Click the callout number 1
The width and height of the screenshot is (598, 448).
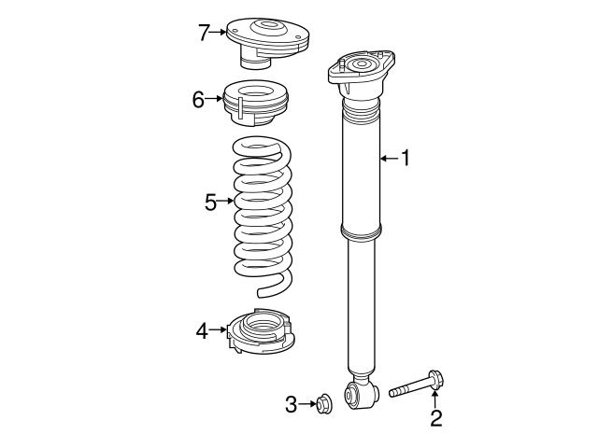[x=406, y=159]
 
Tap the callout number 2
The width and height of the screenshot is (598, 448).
[x=435, y=417]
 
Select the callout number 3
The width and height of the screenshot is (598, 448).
[x=291, y=404]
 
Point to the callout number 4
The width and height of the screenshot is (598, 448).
[x=202, y=329]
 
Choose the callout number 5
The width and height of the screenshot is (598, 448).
[x=211, y=201]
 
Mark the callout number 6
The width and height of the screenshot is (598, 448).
[x=198, y=100]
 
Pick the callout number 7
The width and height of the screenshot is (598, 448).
[x=204, y=33]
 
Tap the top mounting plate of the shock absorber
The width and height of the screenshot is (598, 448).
[x=362, y=70]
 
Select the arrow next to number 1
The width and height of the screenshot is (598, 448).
[x=388, y=159]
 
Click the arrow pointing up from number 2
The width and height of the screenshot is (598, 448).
[x=435, y=399]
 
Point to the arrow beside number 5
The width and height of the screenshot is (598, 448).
[x=227, y=201]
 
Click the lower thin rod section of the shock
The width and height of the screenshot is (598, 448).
[x=362, y=308]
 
